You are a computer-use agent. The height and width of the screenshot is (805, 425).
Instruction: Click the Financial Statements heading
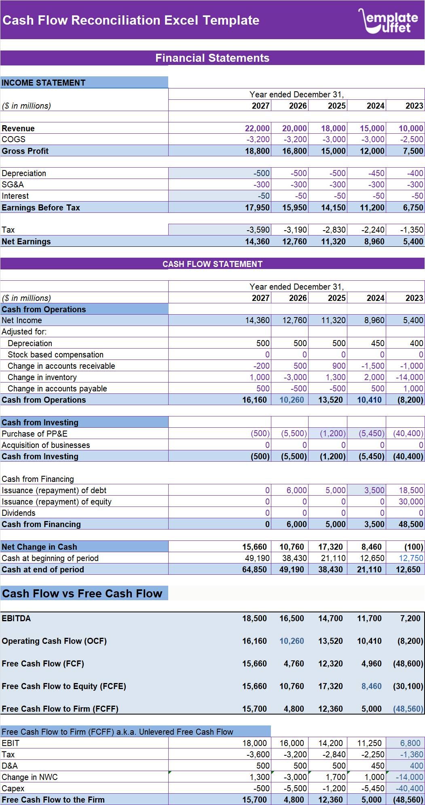tap(212, 58)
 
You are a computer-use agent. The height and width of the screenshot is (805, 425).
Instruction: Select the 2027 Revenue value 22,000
tap(257, 128)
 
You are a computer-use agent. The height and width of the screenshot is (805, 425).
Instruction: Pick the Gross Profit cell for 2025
tap(333, 151)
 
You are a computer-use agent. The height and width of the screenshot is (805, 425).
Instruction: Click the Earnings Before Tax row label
tap(41, 208)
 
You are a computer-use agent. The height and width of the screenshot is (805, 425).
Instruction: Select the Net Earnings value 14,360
tap(257, 242)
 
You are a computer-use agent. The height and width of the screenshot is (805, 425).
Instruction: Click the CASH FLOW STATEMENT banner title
tap(212, 264)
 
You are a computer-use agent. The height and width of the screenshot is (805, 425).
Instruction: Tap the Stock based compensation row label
tap(55, 355)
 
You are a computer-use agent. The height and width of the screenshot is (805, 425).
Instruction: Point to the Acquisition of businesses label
tap(46, 445)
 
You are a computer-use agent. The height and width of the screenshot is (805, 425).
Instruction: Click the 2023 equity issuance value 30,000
tap(411, 502)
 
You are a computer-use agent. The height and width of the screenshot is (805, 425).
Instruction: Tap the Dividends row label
tap(19, 513)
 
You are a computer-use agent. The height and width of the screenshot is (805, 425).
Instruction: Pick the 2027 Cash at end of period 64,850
tap(254, 570)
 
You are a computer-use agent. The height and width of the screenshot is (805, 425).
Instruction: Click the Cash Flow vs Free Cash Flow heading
tap(82, 593)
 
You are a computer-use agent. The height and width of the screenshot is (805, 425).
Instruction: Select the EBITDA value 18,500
tap(254, 618)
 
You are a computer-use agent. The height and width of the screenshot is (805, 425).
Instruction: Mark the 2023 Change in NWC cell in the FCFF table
tap(409, 777)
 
